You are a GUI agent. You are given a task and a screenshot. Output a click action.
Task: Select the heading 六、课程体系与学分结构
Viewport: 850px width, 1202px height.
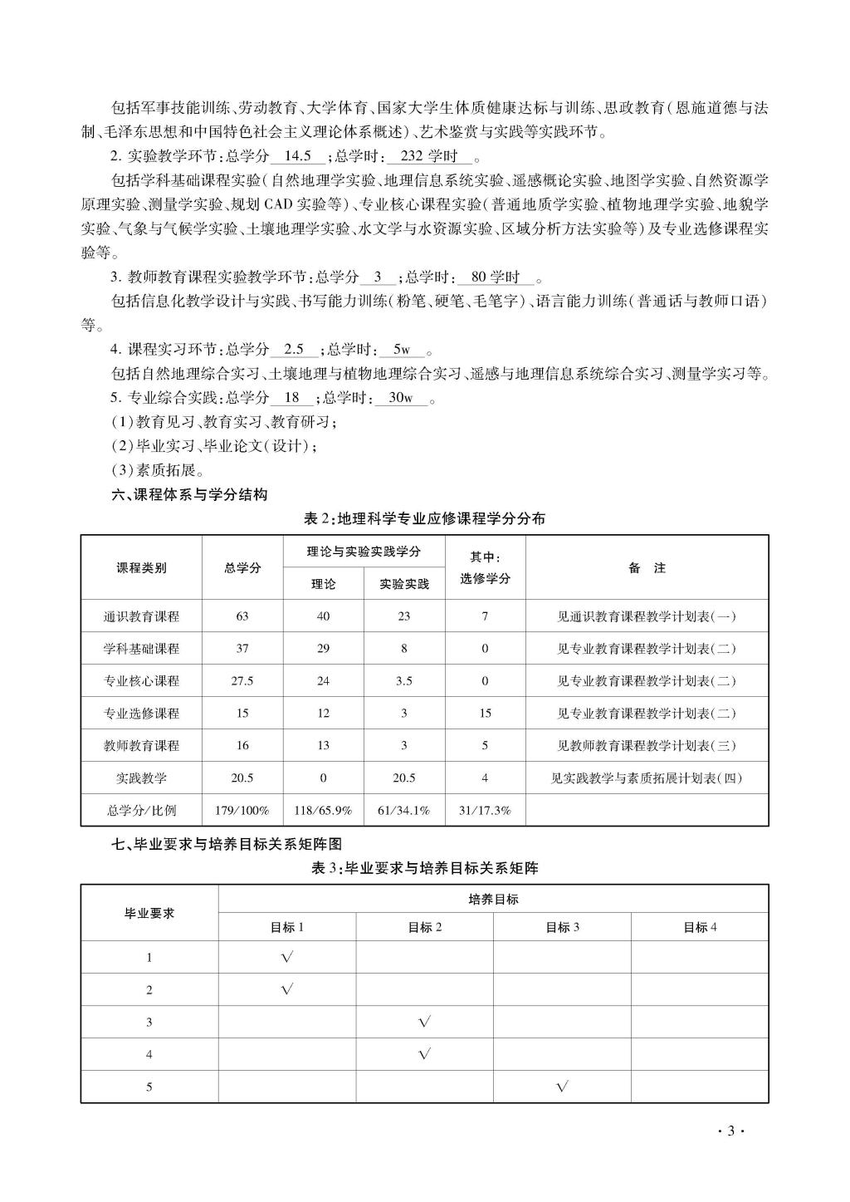pos(189,494)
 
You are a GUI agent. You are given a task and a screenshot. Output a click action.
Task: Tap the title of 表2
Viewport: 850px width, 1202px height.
pos(424,518)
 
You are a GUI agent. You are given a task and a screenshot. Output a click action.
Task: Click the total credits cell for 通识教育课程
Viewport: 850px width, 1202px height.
pos(242,616)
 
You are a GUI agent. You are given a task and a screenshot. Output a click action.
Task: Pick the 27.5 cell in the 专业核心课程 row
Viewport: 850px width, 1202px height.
pos(242,681)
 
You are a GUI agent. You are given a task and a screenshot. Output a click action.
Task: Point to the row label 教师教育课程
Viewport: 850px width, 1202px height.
pos(141,746)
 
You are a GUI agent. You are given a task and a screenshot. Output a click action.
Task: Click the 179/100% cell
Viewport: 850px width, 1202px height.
pos(242,810)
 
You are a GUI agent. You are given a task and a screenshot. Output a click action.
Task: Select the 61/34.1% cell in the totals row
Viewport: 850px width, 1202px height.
pos(404,810)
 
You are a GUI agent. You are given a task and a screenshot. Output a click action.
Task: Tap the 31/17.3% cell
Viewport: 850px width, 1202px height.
pos(485,810)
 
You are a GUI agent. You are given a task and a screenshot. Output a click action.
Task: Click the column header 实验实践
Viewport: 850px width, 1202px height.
pos(404,584)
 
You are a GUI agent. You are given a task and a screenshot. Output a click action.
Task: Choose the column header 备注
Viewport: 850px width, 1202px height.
pos(647,567)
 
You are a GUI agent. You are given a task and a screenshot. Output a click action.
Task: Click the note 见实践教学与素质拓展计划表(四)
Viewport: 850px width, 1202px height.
pos(647,778)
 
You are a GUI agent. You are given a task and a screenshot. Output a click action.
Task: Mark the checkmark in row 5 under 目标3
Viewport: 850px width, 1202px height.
pos(562,1087)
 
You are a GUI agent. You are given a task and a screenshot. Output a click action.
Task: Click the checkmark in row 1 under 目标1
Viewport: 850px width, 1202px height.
pos(287,957)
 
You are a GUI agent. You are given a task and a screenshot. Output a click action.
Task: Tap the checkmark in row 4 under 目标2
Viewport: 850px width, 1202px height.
pos(424,1054)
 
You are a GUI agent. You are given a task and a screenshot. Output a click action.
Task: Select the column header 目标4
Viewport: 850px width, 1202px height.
pos(699,927)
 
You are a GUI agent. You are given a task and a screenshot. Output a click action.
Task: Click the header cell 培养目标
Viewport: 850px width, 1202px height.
pos(493,900)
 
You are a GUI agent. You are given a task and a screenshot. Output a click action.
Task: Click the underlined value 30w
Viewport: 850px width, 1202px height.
pos(401,398)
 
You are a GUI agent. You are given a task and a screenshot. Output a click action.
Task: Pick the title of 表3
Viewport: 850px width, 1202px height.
pos(424,868)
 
